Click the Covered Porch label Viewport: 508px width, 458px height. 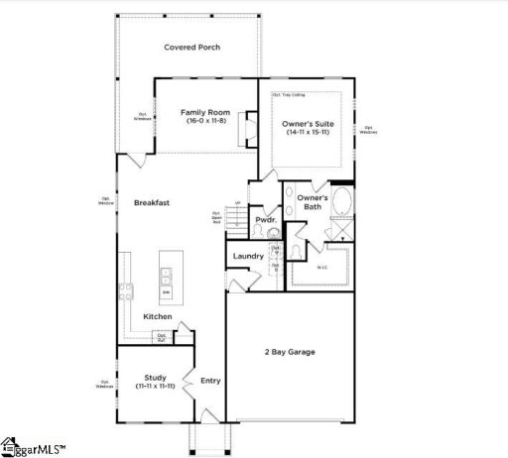[x=191, y=48]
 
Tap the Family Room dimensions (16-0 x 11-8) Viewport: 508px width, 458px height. [x=204, y=121]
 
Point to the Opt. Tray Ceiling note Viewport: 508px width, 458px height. [x=287, y=95]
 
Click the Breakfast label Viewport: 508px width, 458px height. [x=152, y=202]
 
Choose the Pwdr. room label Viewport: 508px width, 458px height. [x=265, y=219]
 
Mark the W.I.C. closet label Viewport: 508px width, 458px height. [x=321, y=266]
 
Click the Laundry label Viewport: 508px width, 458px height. [x=248, y=256]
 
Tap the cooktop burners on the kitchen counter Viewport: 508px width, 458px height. [x=125, y=290]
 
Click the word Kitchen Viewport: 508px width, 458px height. [x=158, y=317]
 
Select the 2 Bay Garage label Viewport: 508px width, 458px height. [x=290, y=353]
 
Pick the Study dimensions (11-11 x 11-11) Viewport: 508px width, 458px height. [x=154, y=385]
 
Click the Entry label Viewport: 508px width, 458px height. [x=210, y=381]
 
